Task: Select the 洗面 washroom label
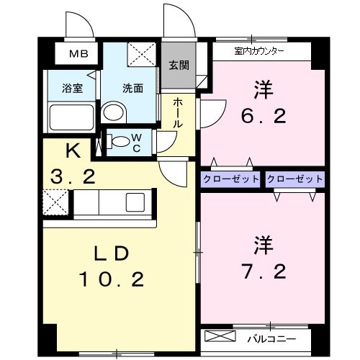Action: [132, 89]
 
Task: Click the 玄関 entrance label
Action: [179, 65]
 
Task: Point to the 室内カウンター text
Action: [259, 52]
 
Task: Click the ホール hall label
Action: [178, 113]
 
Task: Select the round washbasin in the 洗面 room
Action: [112, 112]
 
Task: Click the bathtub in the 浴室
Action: [71, 117]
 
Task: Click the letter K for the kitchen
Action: [72, 152]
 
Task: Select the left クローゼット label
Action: [230, 179]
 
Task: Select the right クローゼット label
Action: [294, 179]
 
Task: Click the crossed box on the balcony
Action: [220, 337]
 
